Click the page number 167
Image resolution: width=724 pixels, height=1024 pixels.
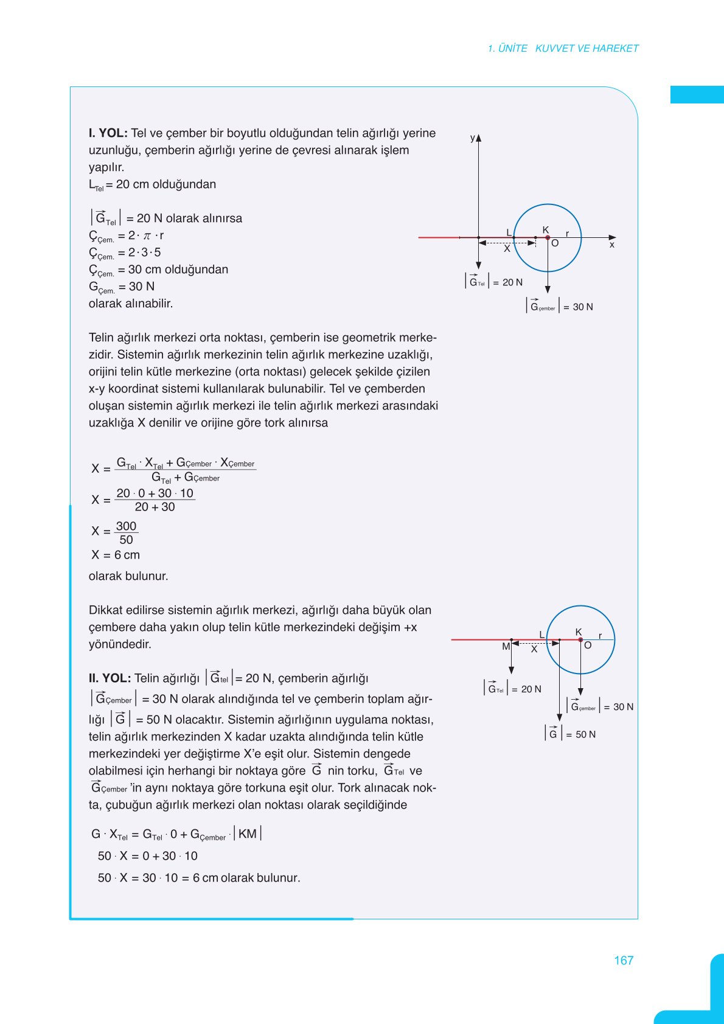point(624,960)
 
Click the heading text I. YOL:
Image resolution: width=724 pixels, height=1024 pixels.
point(108,133)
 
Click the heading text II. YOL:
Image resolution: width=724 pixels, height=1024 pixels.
point(110,678)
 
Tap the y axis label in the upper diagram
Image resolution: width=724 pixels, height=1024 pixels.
point(472,138)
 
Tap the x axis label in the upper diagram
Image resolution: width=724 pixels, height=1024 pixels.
point(612,245)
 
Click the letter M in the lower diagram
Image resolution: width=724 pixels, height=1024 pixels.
point(506,647)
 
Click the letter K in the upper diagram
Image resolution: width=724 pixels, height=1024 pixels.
point(546,229)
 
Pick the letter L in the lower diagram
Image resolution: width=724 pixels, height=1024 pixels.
point(541,635)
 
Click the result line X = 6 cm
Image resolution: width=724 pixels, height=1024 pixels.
point(116,555)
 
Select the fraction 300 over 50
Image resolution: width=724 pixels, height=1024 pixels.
point(126,532)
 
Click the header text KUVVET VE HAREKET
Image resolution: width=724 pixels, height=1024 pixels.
point(587,49)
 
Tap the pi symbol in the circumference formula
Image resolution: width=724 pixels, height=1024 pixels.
point(147,235)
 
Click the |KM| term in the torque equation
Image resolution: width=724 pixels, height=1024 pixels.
point(248,834)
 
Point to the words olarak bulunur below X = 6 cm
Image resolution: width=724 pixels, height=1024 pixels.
point(128,576)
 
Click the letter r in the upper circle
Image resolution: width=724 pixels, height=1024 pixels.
point(567,234)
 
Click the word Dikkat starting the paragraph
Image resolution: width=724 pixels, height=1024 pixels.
point(105,610)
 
